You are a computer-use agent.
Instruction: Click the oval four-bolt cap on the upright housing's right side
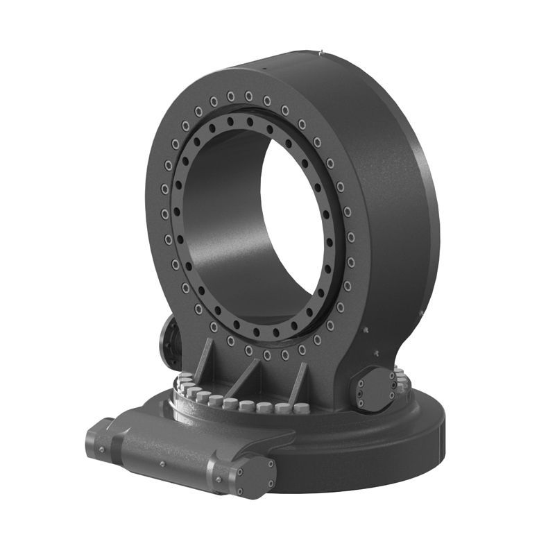coord(374,389)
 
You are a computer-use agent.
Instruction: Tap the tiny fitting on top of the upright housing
coord(321,50)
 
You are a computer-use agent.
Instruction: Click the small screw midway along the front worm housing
coord(162,463)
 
